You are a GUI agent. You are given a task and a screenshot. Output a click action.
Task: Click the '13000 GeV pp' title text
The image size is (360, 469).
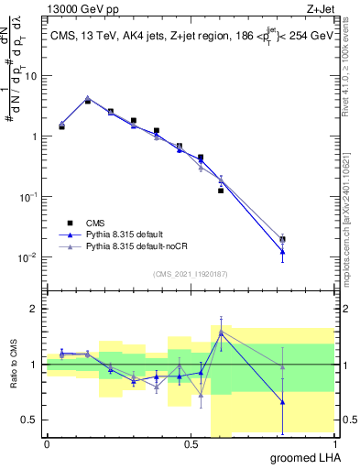pos(78,8)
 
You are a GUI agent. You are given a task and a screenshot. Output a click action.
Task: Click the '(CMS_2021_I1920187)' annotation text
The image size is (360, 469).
pos(191,274)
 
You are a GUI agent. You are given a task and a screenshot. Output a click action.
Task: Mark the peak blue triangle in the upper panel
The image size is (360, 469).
pos(87,98)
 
